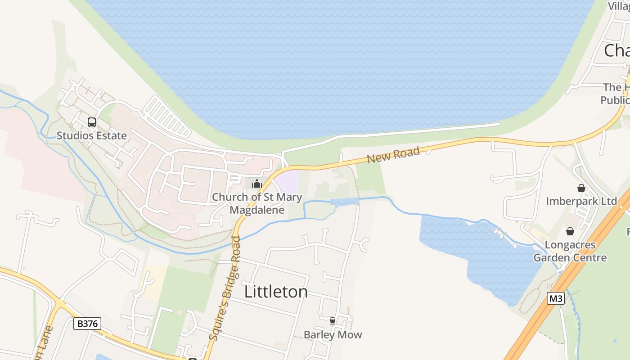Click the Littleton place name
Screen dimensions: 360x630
(276, 292)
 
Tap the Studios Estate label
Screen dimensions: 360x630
(91, 135)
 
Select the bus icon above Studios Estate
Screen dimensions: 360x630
(92, 122)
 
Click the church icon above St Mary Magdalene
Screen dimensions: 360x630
(257, 184)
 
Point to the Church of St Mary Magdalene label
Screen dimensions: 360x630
(257, 203)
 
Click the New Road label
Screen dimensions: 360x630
(393, 155)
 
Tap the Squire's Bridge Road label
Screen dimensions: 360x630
(225, 288)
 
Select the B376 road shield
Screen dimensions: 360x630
(87, 323)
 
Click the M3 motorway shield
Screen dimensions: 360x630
(556, 298)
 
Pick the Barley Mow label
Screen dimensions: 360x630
(333, 335)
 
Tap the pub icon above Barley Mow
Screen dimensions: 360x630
(333, 321)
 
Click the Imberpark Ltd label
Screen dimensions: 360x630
(581, 201)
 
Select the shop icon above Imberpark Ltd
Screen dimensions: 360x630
(581, 188)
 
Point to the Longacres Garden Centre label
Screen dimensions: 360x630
(570, 252)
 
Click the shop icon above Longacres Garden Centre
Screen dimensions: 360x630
(570, 231)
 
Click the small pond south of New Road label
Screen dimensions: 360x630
(344, 202)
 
